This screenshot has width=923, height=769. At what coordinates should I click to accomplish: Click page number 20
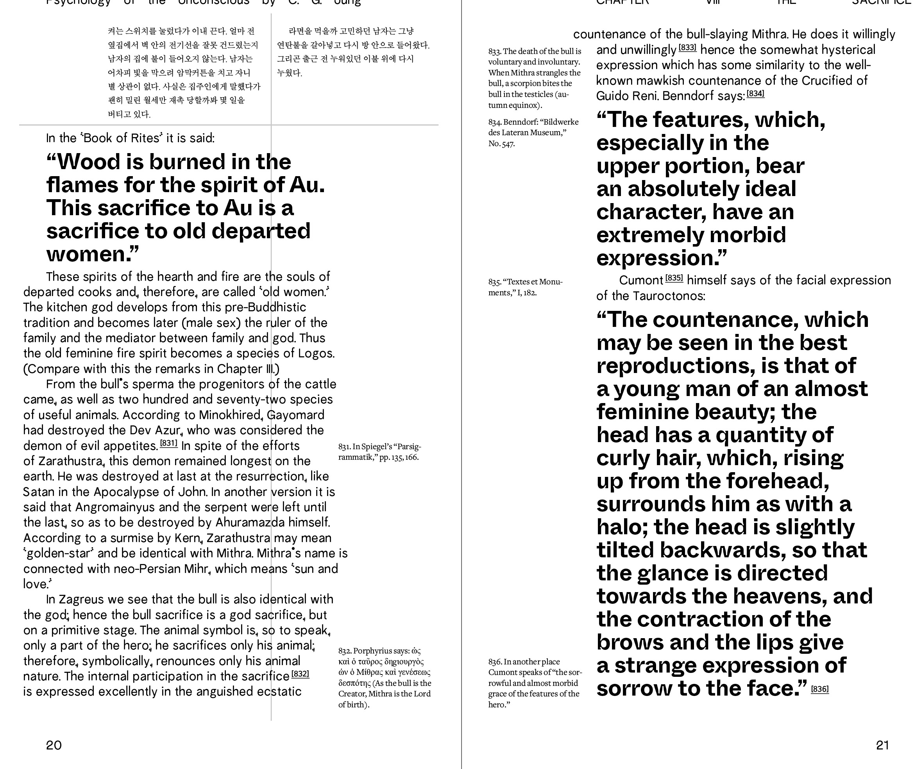(x=54, y=745)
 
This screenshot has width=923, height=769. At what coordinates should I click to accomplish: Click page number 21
(x=882, y=745)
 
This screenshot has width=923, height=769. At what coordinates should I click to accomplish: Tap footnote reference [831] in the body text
(x=168, y=443)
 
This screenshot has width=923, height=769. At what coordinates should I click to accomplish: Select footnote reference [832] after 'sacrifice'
(x=300, y=673)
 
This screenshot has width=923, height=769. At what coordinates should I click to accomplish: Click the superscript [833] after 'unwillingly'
(x=687, y=47)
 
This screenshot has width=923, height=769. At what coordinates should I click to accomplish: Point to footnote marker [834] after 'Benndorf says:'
(x=755, y=94)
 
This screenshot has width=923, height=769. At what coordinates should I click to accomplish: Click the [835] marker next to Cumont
(x=674, y=278)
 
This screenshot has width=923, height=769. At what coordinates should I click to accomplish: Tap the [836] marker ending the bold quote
(x=820, y=689)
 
